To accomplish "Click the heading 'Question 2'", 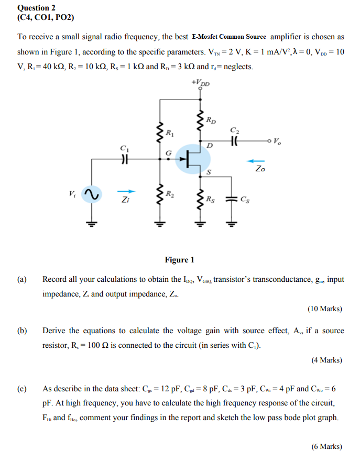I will pos(36,8).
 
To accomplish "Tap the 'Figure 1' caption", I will pos(179,260).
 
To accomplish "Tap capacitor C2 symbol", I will pos(234,141).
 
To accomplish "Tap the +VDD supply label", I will pos(201,83).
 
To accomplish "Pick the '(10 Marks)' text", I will pos(325,309).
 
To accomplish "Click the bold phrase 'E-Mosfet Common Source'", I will pos(229,37).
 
